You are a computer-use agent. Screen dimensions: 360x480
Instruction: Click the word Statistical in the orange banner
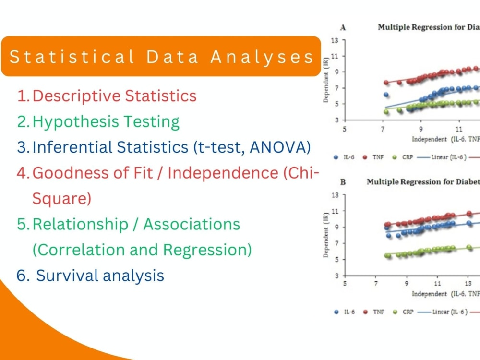72,57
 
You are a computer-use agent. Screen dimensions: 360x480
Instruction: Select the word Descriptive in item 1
76,96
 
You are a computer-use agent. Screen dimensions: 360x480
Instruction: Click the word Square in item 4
61,198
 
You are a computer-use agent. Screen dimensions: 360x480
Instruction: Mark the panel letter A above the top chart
343,28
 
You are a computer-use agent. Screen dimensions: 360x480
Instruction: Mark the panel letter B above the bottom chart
343,182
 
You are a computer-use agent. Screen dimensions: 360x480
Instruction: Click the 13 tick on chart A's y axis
335,41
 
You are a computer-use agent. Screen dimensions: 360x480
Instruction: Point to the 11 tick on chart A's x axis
459,129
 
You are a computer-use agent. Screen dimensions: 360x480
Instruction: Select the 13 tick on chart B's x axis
468,284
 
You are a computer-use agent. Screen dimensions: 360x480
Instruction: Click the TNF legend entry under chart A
374,157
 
